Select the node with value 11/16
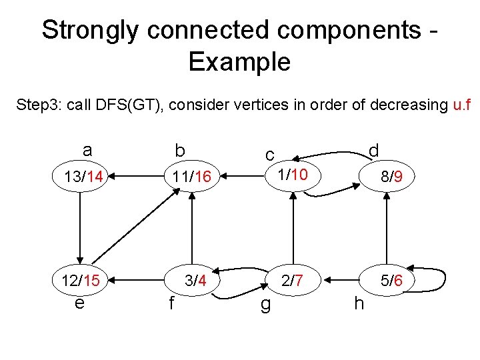tap(192, 177)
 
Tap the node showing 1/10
tap(293, 175)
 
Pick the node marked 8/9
tap(387, 177)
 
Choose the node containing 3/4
tap(195, 281)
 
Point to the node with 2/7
tap(293, 281)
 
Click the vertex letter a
tap(87, 151)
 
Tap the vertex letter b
tap(179, 151)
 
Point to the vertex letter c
tap(269, 155)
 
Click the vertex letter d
tap(373, 151)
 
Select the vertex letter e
tap(80, 303)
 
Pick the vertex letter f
tap(171, 303)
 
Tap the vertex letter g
tap(265, 305)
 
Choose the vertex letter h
tap(359, 303)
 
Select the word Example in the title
tap(239, 62)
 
